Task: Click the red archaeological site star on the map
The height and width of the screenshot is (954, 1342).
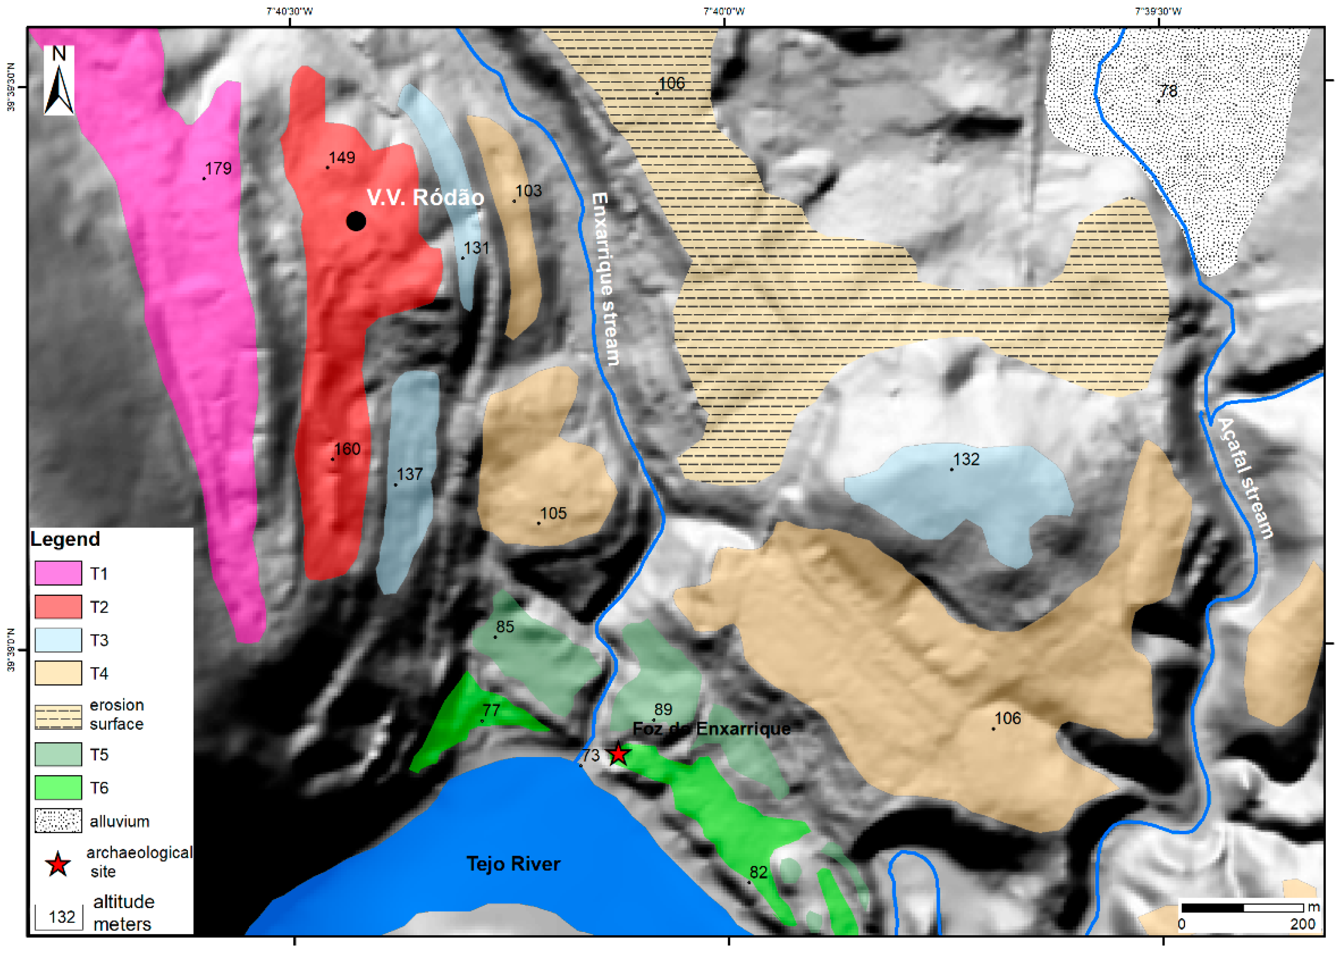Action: tap(618, 754)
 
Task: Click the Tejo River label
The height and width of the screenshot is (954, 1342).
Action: tap(513, 863)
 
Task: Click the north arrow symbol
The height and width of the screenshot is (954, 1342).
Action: tap(59, 81)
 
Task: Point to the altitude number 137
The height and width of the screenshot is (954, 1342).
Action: tap(409, 474)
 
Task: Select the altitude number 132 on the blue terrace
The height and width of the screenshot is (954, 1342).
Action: tap(966, 459)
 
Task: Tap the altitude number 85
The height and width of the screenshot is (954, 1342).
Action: tap(505, 627)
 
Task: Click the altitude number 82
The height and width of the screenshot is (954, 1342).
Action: tap(758, 872)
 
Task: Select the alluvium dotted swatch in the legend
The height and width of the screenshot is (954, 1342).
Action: tap(58, 820)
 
